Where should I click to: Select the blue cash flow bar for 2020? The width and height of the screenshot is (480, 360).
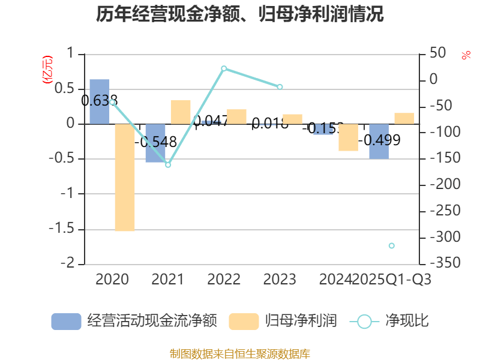pyautogui.click(x=100, y=102)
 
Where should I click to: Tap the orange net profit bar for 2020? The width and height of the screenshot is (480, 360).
pyautogui.click(x=125, y=178)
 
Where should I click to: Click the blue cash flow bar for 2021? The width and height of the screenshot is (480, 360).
pyautogui.click(x=155, y=143)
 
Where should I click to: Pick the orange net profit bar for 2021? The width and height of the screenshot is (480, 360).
pyautogui.click(x=181, y=112)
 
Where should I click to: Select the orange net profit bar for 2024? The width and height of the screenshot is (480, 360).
pyautogui.click(x=348, y=137)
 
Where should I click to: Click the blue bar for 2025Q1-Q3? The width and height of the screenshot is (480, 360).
pyautogui.click(x=379, y=142)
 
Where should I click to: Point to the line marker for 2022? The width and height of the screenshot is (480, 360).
pyautogui.click(x=224, y=68)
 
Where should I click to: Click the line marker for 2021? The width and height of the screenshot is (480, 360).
pyautogui.click(x=168, y=164)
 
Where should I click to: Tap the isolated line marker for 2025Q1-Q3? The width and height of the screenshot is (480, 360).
pyautogui.click(x=392, y=245)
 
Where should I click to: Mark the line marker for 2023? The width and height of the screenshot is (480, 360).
pyautogui.click(x=280, y=87)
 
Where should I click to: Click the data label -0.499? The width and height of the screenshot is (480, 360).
pyautogui.click(x=380, y=140)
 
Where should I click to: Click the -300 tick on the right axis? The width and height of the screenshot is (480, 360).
pyautogui.click(x=442, y=238)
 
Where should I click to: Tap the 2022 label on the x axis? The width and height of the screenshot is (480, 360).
pyautogui.click(x=224, y=280)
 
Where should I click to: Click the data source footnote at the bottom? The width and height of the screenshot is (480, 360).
pyautogui.click(x=240, y=353)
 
